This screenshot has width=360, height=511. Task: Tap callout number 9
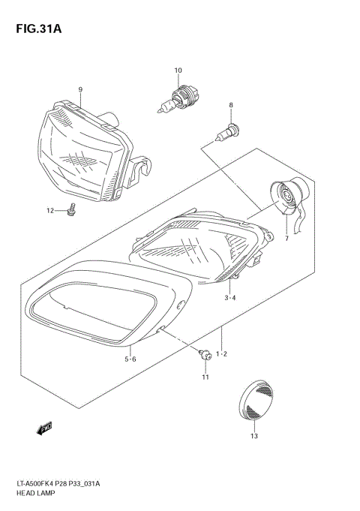79,90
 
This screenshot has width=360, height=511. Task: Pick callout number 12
51,211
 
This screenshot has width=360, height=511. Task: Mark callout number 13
253,436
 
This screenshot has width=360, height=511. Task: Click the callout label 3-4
230,298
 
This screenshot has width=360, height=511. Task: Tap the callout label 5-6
130,359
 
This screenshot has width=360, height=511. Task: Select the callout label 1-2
221,353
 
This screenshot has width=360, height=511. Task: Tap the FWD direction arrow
43,428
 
